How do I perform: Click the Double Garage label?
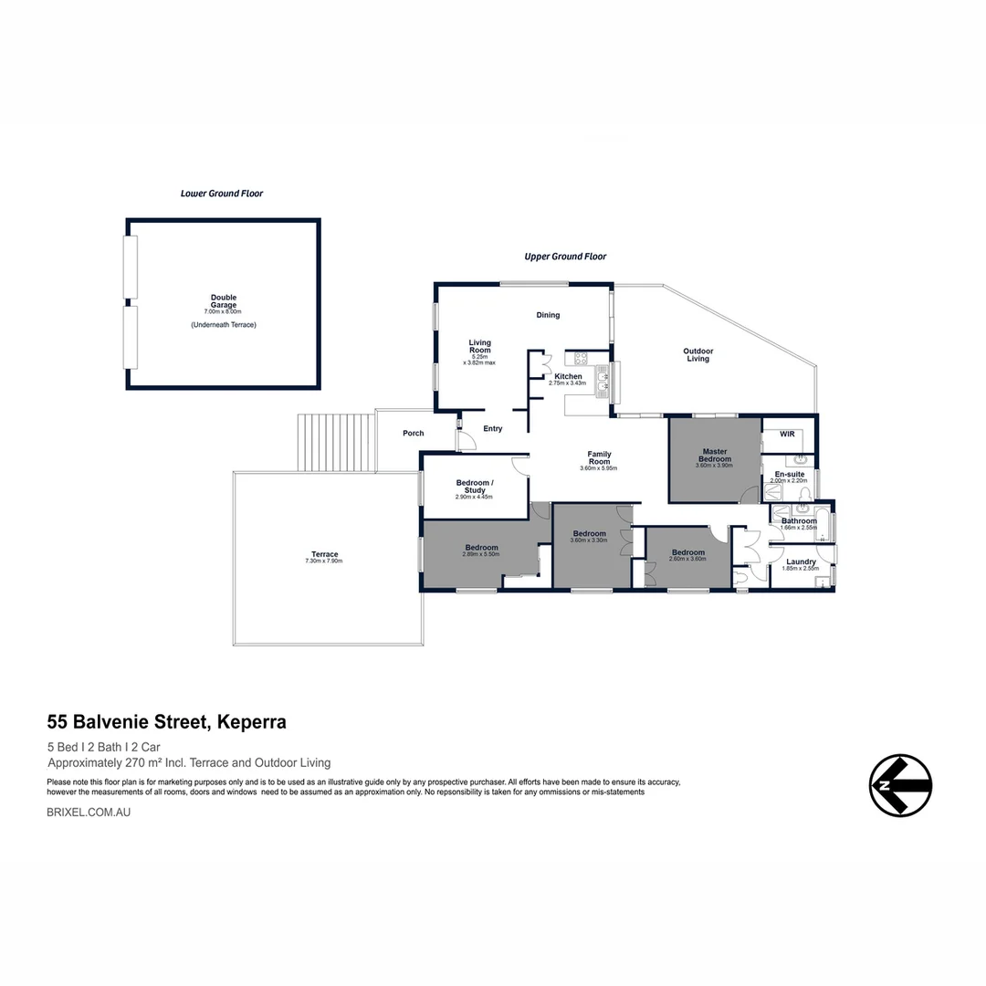[x=223, y=301]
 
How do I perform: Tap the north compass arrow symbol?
[x=900, y=785]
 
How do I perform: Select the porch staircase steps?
[x=336, y=443]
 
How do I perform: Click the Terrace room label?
[x=324, y=554]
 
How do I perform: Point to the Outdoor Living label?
[x=698, y=355]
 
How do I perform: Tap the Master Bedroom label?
[x=714, y=455]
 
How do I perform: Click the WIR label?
[x=787, y=434]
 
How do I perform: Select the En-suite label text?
[x=789, y=475]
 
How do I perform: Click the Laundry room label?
[x=801, y=561]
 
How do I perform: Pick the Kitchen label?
[x=568, y=376]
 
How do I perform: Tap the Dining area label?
[x=548, y=315]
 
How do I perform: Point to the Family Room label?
[x=599, y=457]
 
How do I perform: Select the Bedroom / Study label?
[x=474, y=486]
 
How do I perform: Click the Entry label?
[x=493, y=428]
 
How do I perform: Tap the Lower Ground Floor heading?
[x=222, y=194]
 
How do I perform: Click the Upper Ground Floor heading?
[x=565, y=257]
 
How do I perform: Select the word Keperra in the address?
[x=253, y=722]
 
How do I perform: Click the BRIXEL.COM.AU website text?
[x=89, y=811]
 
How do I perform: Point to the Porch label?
[x=414, y=433]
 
